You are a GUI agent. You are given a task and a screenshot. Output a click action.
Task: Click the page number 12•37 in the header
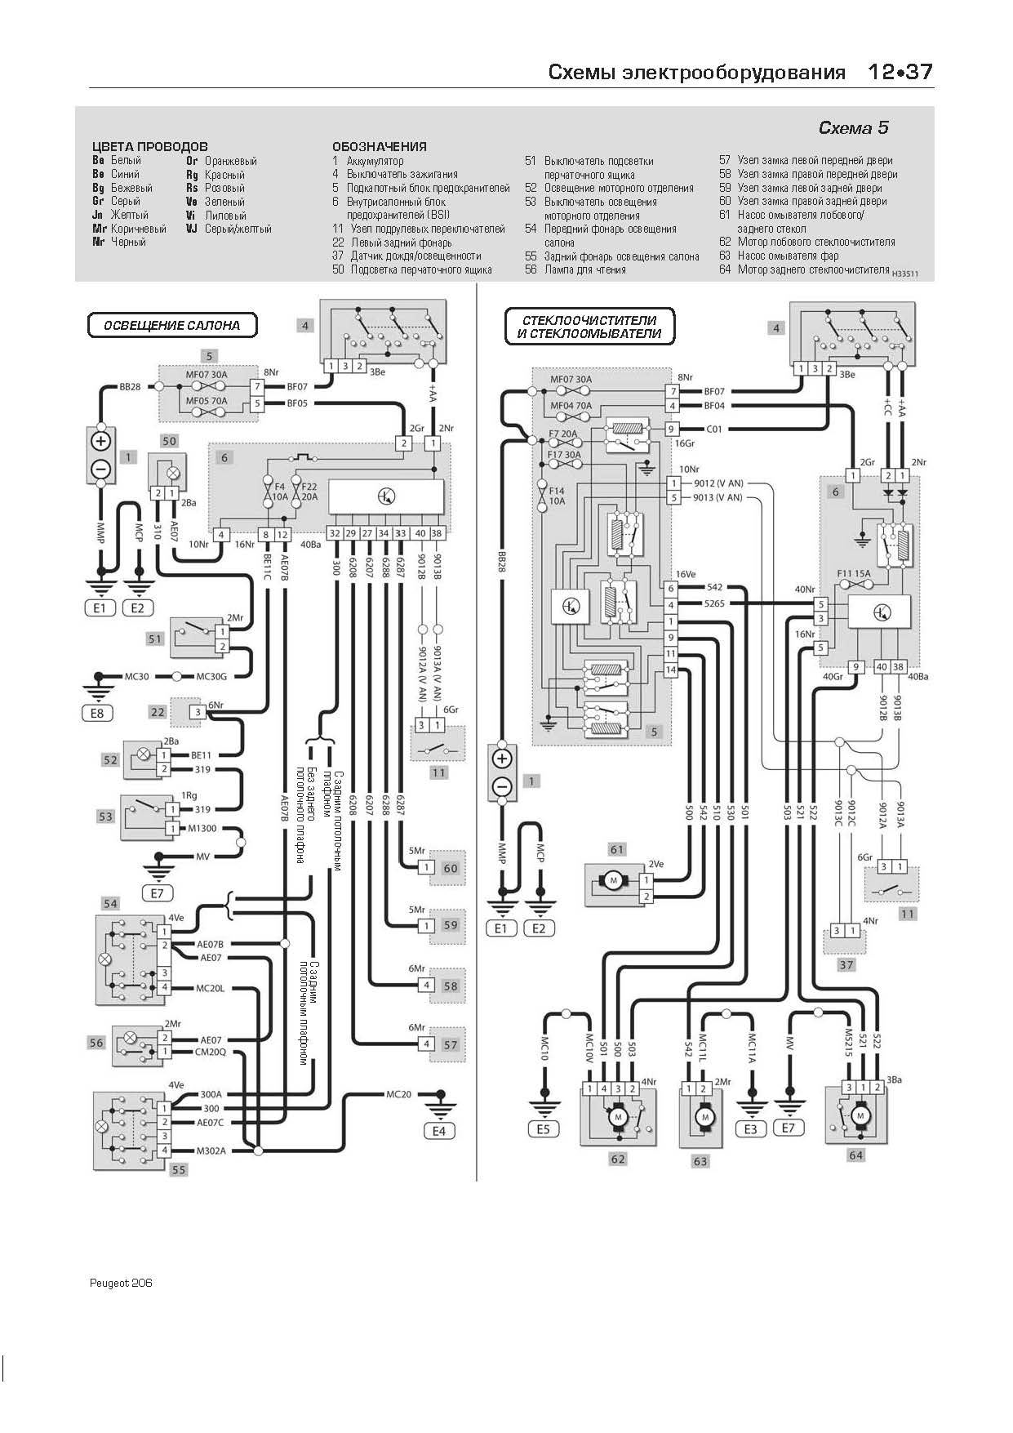pos(900,72)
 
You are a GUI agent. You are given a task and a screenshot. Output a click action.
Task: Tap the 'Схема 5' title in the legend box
pos(853,127)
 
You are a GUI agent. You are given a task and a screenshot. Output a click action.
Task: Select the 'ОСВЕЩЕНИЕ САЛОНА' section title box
pos(172,325)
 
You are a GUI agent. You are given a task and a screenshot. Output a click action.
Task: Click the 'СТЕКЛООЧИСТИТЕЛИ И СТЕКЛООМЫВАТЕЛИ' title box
pos(589,327)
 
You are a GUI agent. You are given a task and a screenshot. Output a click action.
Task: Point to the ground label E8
pos(98,713)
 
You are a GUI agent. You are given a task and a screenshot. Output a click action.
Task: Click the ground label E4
pos(439,1131)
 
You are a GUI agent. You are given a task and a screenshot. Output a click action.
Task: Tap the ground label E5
pos(543,1129)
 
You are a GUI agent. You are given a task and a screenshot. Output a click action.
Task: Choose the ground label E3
pos(750,1129)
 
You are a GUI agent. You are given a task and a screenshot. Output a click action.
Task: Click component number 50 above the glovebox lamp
pos(168,441)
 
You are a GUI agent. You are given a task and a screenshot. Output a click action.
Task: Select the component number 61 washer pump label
pos(617,849)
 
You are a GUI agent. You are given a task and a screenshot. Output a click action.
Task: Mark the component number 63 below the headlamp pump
pos(700,1160)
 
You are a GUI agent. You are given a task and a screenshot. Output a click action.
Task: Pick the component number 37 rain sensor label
pos(846,964)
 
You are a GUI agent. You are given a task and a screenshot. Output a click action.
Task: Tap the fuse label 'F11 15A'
pos(854,573)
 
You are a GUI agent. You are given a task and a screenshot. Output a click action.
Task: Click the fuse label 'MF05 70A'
pos(207,401)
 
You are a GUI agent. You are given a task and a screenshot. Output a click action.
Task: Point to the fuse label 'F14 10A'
pos(557,496)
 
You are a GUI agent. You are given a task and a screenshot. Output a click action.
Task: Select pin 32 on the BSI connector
pos(335,533)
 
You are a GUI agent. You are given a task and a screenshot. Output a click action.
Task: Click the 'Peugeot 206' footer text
pos(121,1283)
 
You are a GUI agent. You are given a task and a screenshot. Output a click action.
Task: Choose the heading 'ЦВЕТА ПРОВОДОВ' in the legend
pos(150,147)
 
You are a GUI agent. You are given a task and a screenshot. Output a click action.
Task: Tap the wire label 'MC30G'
pos(211,676)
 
